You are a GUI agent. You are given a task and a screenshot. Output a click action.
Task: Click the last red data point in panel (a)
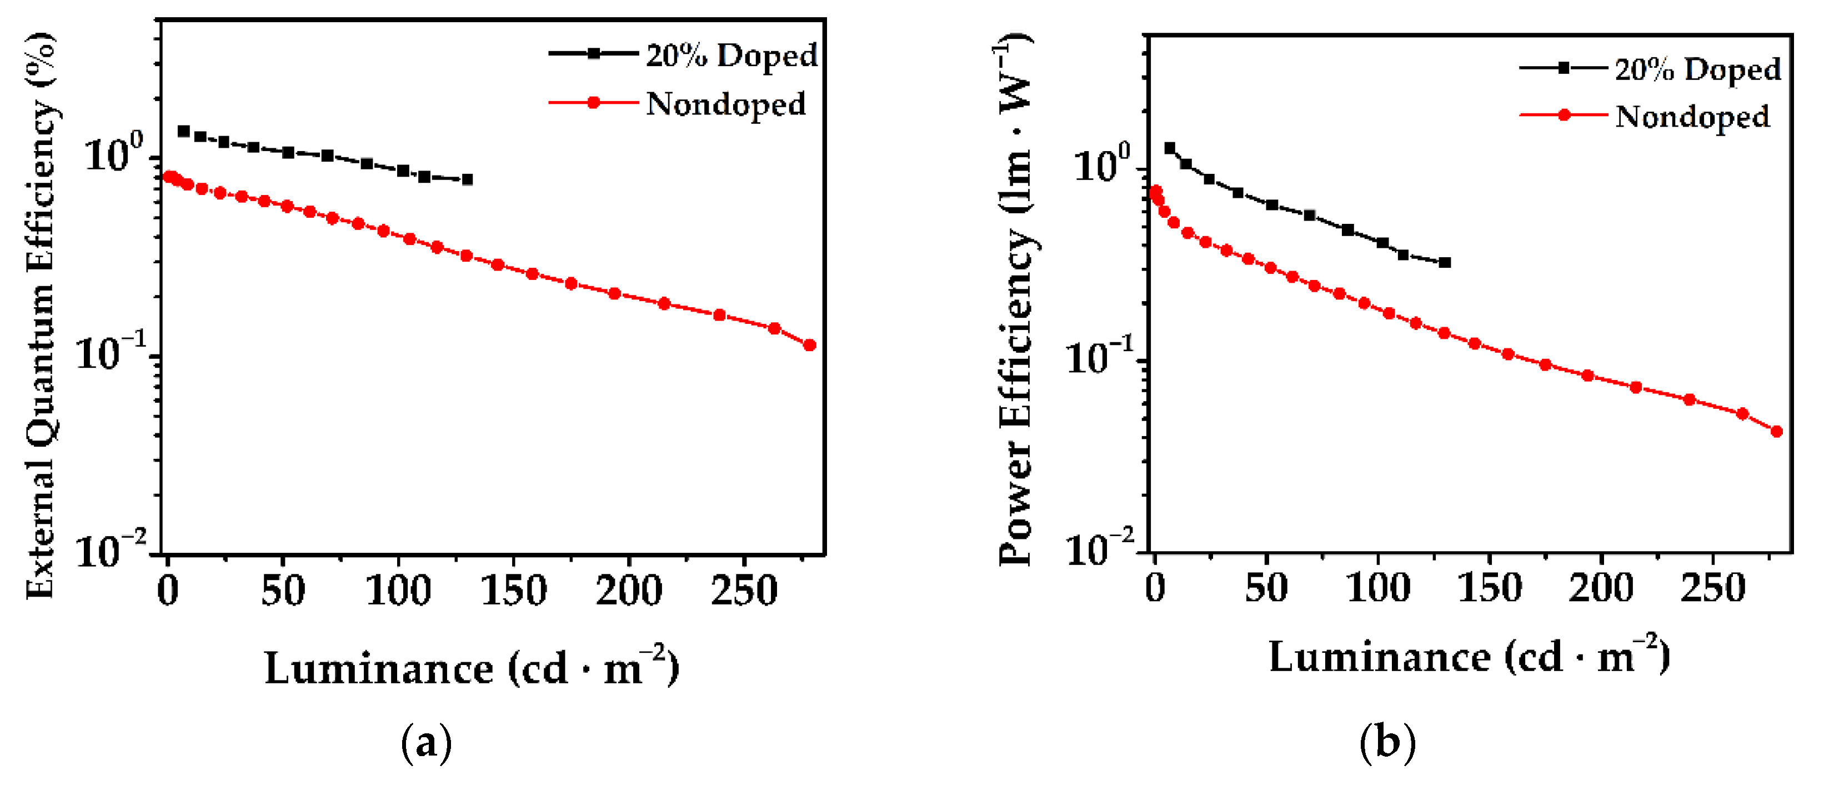tap(809, 345)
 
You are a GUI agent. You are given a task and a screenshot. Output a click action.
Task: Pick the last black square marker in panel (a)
tap(467, 180)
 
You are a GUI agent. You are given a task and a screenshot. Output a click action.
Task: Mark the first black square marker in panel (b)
tap(1170, 148)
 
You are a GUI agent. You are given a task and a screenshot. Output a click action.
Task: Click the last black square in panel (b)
tap(1445, 263)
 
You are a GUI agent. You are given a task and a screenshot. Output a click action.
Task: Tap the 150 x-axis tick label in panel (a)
tap(513, 590)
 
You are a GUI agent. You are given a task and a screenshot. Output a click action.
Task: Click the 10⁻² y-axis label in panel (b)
tap(1099, 548)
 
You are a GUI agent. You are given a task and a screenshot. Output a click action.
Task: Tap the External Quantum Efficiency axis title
tap(41, 315)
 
